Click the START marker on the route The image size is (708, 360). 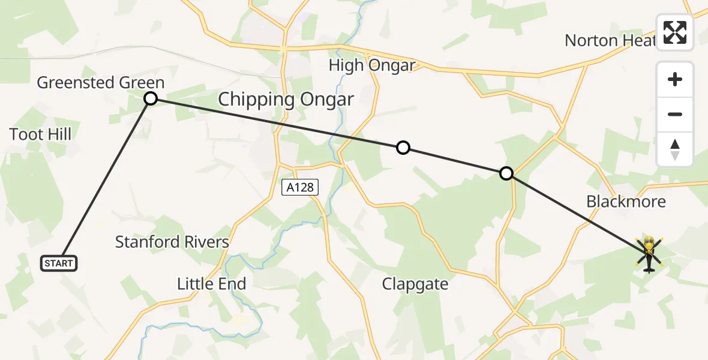click(x=59, y=263)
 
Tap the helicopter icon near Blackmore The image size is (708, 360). click(x=649, y=254)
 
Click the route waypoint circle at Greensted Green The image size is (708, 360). click(x=151, y=98)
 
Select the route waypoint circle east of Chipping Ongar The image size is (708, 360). click(x=403, y=148)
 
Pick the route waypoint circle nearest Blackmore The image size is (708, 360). click(x=506, y=173)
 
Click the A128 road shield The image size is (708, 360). click(x=300, y=187)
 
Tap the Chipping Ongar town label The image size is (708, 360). click(x=286, y=99)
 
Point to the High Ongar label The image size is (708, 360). click(x=372, y=65)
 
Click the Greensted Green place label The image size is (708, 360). click(x=101, y=83)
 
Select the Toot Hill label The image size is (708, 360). click(x=40, y=134)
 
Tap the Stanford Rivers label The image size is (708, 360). click(x=172, y=242)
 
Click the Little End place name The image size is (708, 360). click(x=211, y=283)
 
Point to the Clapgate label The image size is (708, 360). click(x=415, y=284)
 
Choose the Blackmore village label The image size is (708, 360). click(x=626, y=201)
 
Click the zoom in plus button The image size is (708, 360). click(x=675, y=79)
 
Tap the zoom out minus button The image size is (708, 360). click(x=675, y=114)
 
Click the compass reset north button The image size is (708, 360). click(x=675, y=149)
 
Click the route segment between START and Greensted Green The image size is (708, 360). click(x=105, y=179)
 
